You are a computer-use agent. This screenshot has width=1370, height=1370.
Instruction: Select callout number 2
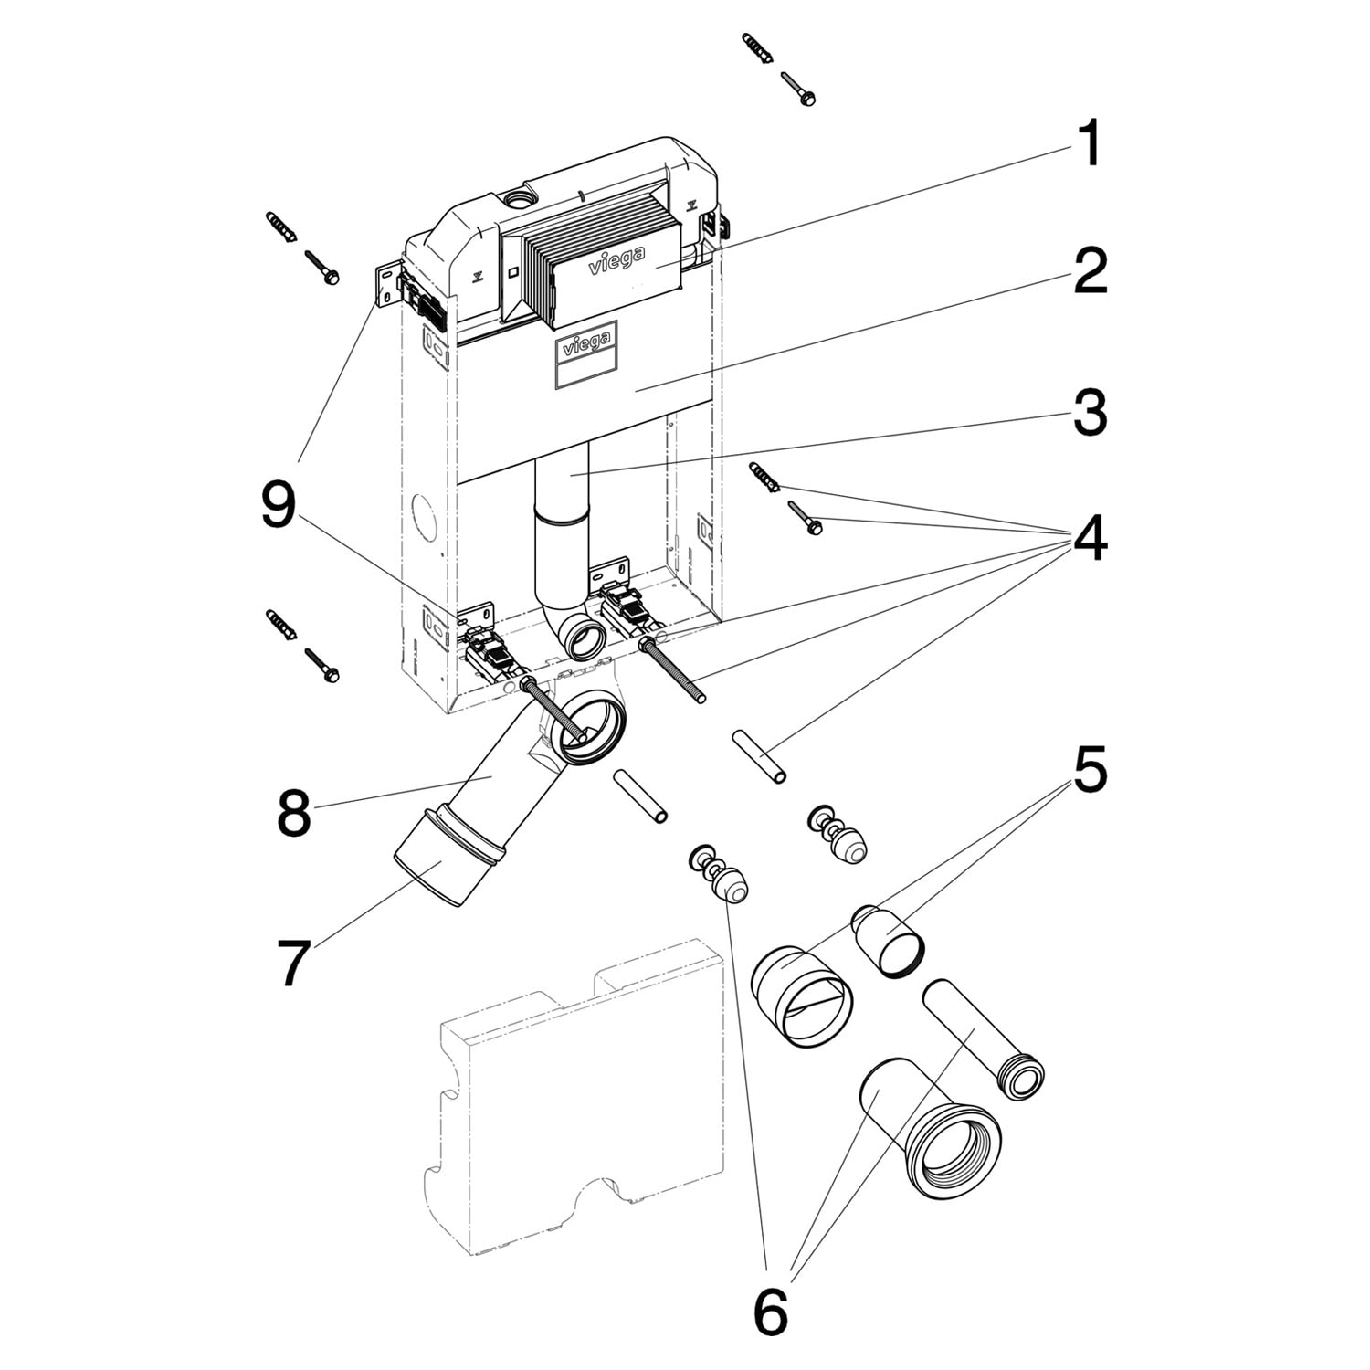1090,271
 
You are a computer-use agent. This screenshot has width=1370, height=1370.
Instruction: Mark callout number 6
770,1312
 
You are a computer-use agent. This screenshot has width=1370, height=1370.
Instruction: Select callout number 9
279,505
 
